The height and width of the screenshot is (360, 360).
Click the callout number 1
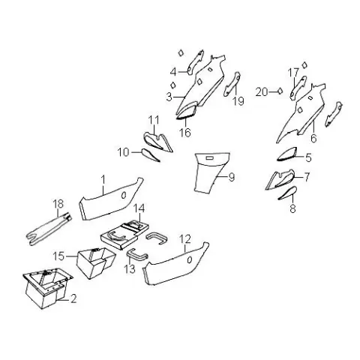[103, 179]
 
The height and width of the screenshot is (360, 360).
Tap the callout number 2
[73, 298]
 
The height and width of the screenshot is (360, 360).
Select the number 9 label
[232, 177]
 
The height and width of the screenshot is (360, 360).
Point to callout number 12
[185, 239]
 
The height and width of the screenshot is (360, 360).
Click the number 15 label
[58, 256]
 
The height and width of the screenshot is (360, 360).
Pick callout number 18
[58, 204]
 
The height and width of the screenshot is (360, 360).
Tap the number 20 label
[262, 92]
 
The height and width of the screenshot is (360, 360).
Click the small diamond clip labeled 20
[280, 91]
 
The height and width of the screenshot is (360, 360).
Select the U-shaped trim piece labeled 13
[137, 255]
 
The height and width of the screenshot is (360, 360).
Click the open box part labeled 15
[96, 263]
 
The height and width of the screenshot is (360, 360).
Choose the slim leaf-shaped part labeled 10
[151, 155]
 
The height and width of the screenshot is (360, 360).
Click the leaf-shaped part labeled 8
[288, 193]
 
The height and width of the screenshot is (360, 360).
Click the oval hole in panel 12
[190, 260]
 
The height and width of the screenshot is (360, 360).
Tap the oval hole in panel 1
[123, 196]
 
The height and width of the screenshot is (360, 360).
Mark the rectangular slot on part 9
[209, 157]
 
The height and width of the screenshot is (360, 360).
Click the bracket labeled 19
[232, 84]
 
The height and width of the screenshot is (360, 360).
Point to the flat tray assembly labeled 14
[124, 234]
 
